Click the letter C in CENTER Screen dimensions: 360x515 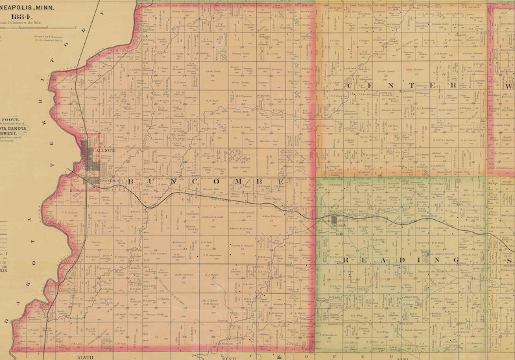[351, 86]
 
